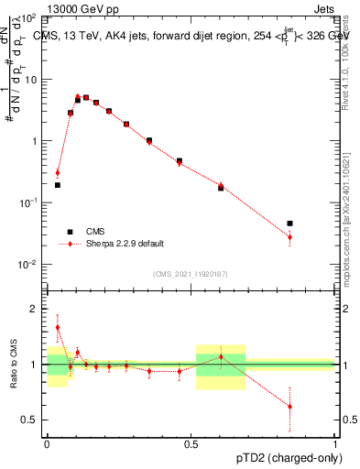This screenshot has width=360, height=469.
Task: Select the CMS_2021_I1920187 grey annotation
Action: pos(191,273)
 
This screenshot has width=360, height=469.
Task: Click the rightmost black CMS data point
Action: pos(289,223)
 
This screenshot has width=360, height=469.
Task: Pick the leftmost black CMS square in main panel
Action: pos(57,185)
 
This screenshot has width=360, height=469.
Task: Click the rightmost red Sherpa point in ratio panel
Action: pos(289,406)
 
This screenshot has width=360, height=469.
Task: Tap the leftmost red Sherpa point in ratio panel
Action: pos(57,327)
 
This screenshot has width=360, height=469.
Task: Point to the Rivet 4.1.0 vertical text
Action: pos(348,55)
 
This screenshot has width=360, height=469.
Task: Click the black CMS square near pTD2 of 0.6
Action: pos(220,188)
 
